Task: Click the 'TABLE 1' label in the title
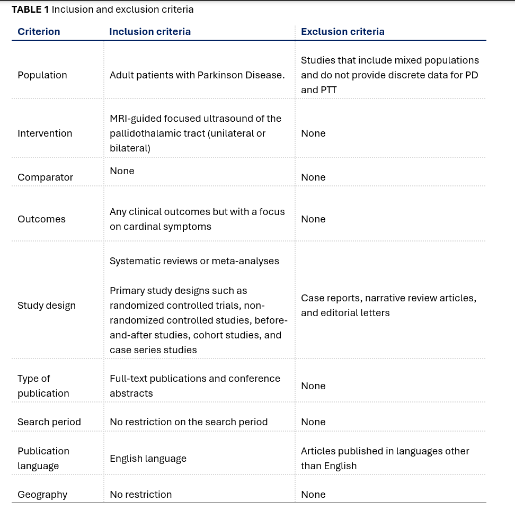30,10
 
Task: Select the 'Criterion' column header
39,32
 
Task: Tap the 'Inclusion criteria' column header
150,32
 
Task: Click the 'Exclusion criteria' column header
343,32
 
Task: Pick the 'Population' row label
42,75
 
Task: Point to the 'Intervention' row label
45,133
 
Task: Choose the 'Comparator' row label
45,177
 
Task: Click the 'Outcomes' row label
41,219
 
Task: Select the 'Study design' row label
47,306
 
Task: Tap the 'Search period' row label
49,422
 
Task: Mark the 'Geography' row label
42,495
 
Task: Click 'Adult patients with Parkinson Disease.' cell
197,75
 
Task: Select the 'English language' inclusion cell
148,459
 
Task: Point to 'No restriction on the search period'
189,422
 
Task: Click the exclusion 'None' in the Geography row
313,495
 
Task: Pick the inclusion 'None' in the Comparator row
122,171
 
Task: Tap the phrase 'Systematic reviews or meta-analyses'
194,261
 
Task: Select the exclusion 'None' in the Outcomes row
313,219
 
